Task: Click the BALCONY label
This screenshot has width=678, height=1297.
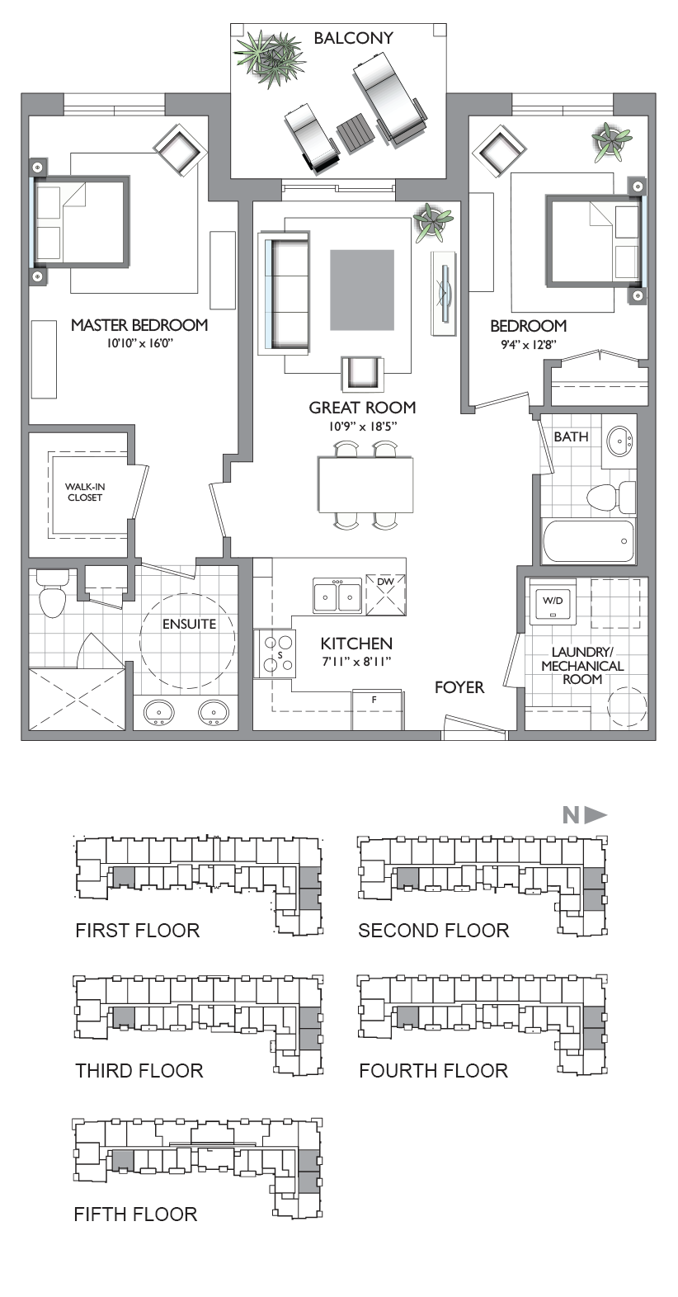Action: tap(353, 38)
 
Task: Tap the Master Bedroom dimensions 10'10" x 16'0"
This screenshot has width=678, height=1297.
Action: tap(140, 343)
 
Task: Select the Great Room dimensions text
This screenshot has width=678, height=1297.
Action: tap(362, 427)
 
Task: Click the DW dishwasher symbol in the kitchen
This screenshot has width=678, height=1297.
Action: tap(386, 594)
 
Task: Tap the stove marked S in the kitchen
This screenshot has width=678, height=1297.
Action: tap(275, 653)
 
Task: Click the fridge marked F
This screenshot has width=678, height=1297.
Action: tap(378, 710)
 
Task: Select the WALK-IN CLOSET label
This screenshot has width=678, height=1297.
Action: tap(85, 493)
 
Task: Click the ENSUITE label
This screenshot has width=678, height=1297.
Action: tap(190, 625)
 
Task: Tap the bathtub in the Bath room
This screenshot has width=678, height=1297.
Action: tap(588, 540)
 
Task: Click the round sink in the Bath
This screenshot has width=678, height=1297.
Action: tap(619, 442)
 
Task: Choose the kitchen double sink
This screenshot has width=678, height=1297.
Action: tap(337, 595)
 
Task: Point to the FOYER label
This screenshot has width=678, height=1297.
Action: tap(459, 687)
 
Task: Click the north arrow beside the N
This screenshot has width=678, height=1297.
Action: tap(596, 815)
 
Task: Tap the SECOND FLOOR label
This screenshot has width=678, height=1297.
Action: tap(434, 931)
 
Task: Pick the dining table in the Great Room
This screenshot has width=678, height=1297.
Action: tap(366, 484)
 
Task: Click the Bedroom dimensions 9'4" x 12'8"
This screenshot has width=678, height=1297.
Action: tap(529, 345)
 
